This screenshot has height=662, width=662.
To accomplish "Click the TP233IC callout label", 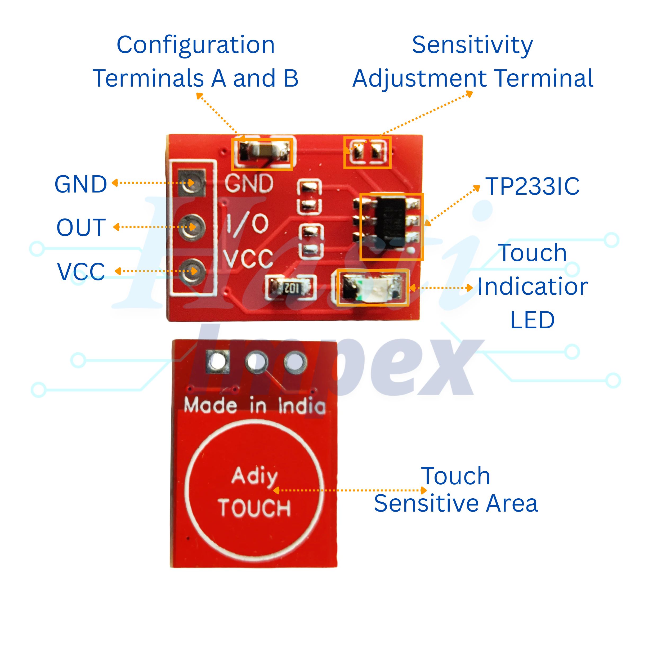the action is (532, 187).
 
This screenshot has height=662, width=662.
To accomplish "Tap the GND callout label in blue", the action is (81, 184).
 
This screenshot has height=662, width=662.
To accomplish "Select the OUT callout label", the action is (81, 227).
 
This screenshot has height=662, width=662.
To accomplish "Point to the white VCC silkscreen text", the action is (248, 259).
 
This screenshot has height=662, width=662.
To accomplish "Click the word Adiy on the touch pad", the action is (254, 476).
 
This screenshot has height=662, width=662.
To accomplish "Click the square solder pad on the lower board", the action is (218, 361).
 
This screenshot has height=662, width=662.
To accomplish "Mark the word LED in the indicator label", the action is (532, 320).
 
